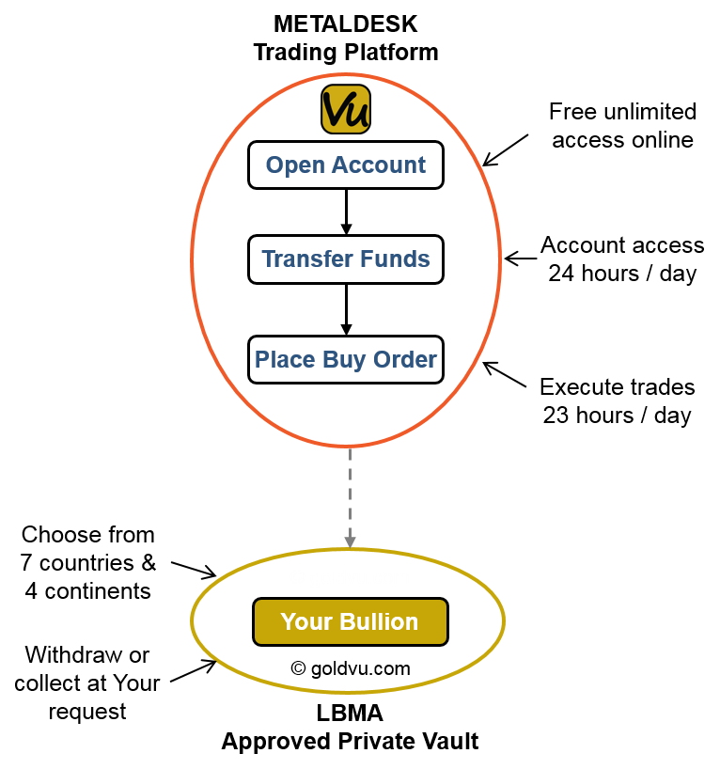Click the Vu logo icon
pos(346,109)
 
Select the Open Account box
pos(346,165)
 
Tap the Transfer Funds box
pos(346,259)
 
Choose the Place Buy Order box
pos(346,359)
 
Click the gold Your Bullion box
pos(351,621)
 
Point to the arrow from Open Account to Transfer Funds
pos(346,212)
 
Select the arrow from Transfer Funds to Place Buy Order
pos(346,309)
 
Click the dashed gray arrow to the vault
pos(350,498)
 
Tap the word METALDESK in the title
pos(346,24)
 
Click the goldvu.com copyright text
pos(351,668)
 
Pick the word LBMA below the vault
pos(350,714)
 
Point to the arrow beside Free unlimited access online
pos(505,150)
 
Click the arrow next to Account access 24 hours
pos(521,259)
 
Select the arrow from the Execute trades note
pos(505,375)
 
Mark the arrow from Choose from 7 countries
pos(194,571)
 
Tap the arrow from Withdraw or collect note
pos(194,671)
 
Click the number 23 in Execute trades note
pos(556,416)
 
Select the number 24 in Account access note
pos(561,274)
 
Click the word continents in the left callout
pos(98,591)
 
